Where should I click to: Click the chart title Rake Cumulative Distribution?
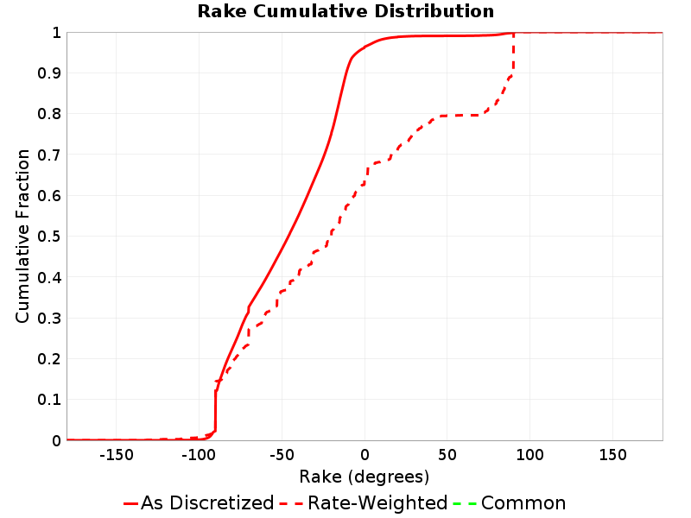pos(345,11)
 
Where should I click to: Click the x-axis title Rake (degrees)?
pos(364,477)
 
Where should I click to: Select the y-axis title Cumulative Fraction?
pos(22,236)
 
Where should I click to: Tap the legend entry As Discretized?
pos(200,502)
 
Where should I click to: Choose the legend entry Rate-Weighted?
pos(364,502)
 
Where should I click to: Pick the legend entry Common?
pos(510,502)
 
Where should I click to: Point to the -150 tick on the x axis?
pos(117,455)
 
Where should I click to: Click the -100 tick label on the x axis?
pos(199,455)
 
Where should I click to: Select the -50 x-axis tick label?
pos(282,455)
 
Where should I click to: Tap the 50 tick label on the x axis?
pos(447,455)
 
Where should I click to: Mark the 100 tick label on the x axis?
pos(529,455)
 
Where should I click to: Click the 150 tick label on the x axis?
pos(612,455)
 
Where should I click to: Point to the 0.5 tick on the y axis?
pos(49,237)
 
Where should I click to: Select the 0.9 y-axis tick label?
pos(49,73)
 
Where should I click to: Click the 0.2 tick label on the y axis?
pos(49,359)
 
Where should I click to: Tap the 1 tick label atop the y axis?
pos(56,33)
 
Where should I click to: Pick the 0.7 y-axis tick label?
pos(49,155)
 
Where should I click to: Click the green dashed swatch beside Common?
pos(465,503)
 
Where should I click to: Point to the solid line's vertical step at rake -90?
pos(215,411)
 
